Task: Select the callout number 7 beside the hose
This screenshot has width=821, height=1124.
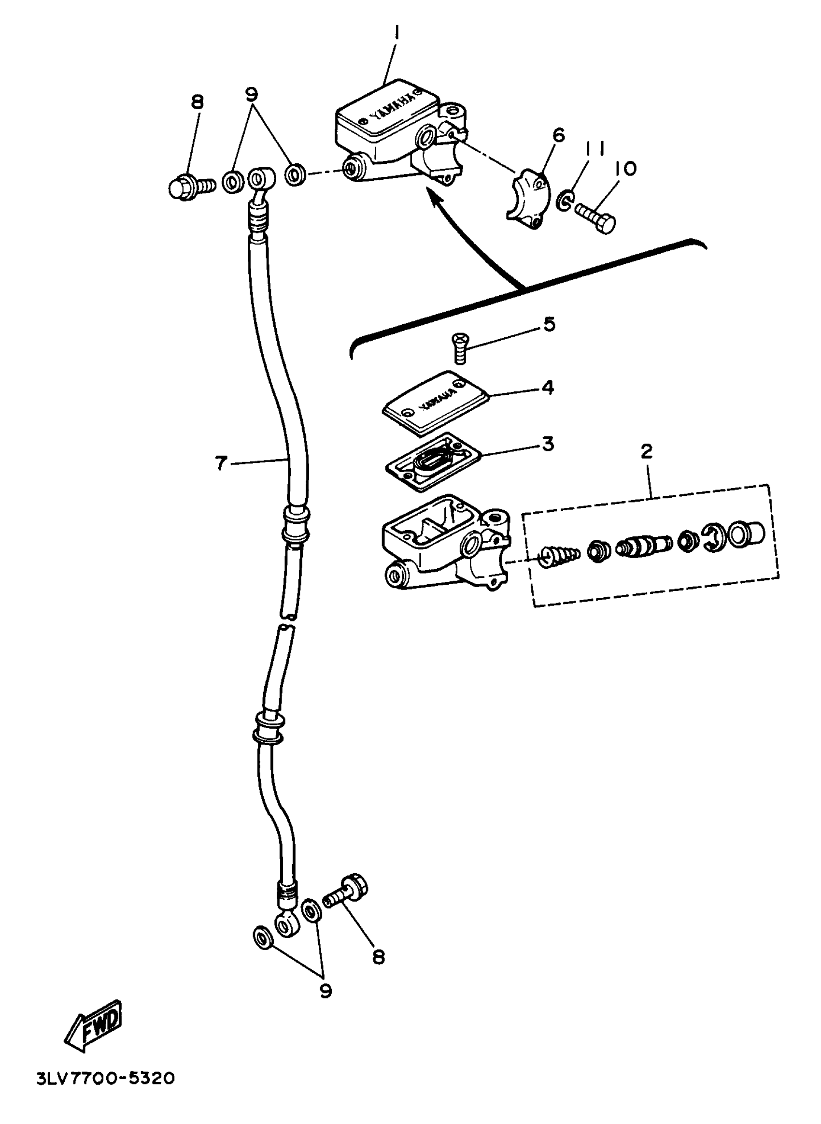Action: click(x=221, y=463)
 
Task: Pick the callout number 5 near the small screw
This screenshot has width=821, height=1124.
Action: click(x=549, y=324)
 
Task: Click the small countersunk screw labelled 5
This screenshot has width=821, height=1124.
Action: click(x=459, y=347)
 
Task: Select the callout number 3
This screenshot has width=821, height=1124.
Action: click(x=548, y=444)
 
